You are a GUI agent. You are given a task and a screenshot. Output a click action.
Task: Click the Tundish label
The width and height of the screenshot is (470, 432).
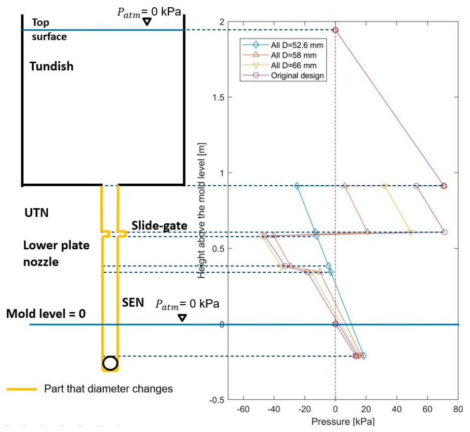(52, 67)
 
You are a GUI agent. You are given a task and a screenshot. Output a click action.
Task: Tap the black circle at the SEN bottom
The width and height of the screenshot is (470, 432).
(110, 363)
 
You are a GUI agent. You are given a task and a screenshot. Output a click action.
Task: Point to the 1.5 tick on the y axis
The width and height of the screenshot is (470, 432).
(219, 97)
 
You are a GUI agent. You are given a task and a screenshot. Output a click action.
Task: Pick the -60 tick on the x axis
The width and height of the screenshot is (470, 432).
(243, 409)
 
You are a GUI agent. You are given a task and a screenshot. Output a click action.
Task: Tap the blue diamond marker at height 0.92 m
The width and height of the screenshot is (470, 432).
(297, 186)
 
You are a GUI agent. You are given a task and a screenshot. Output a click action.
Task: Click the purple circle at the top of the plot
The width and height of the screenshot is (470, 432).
(336, 30)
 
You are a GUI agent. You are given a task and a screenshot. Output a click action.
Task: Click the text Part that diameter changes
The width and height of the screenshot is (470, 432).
(108, 389)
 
